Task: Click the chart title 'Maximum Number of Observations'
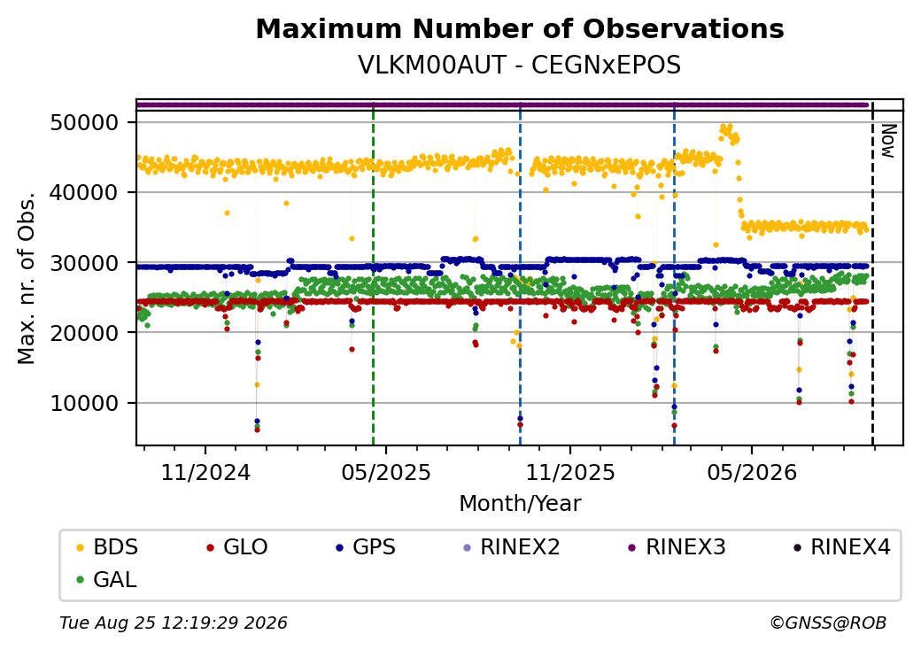(x=520, y=28)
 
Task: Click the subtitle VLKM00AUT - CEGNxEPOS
(x=520, y=66)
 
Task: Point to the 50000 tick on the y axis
(x=85, y=123)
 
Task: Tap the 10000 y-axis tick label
(x=85, y=404)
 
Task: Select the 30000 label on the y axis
(x=85, y=263)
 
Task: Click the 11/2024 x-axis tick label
(x=205, y=472)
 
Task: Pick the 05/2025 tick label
(x=386, y=472)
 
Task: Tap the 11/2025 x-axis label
(x=569, y=472)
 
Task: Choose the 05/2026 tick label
(x=752, y=472)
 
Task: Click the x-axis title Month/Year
(x=520, y=504)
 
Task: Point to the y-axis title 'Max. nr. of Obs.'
(x=27, y=277)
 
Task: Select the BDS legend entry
(x=108, y=547)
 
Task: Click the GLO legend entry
(x=237, y=547)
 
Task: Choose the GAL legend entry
(x=107, y=579)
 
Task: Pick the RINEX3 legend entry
(x=677, y=547)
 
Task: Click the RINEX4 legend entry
(x=841, y=547)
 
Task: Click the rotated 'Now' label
(x=889, y=141)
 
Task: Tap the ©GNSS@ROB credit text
(x=828, y=623)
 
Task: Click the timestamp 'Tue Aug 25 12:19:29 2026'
(x=174, y=623)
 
